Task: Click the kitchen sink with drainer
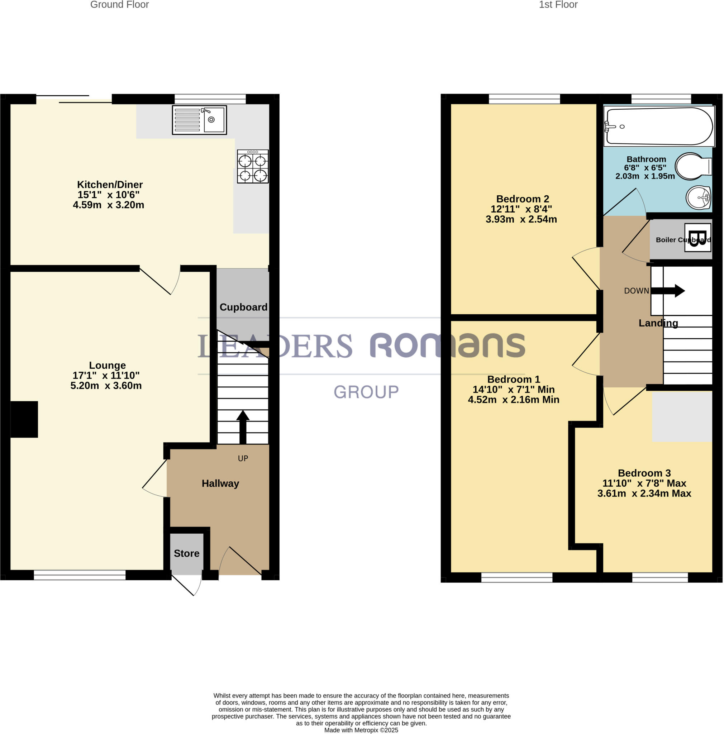[x=199, y=120]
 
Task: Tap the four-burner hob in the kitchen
[x=253, y=166]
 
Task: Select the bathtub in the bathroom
[x=658, y=126]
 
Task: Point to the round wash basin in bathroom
[x=698, y=197]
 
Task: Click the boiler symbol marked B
[x=697, y=238]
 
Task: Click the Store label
[x=186, y=553]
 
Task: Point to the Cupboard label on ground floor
[x=243, y=307]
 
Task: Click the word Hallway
[x=220, y=483]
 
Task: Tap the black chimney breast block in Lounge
[x=24, y=419]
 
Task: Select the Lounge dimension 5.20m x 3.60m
[x=106, y=386]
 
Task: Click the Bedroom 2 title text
[x=522, y=199]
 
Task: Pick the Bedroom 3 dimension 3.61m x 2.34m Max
[x=644, y=493]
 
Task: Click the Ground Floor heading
[x=119, y=5]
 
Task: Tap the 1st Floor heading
[x=558, y=5]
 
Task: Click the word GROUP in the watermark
[x=366, y=392]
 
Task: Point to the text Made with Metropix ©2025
[x=361, y=730]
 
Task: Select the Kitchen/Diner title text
[x=110, y=185]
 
